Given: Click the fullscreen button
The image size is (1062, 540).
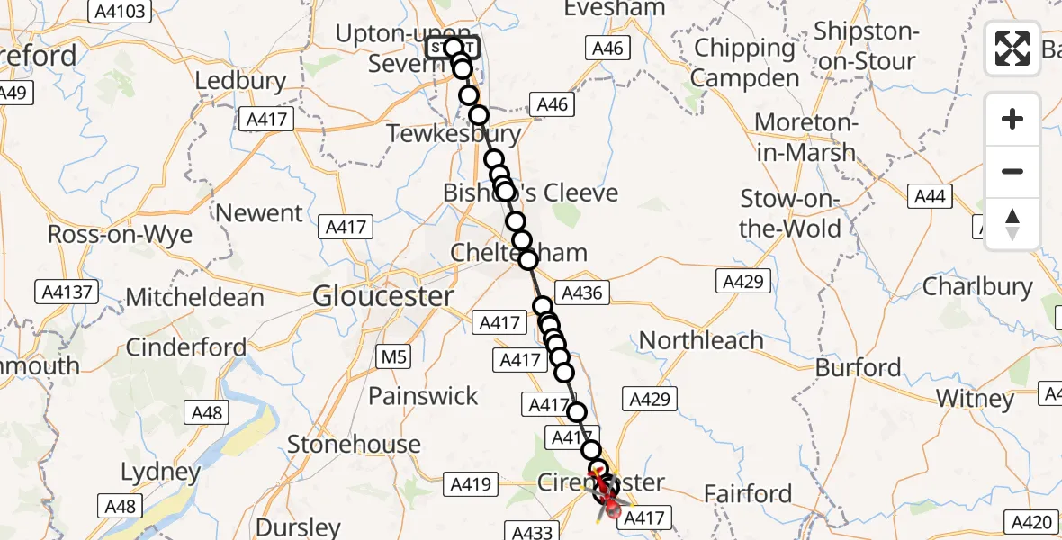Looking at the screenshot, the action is [1012, 49].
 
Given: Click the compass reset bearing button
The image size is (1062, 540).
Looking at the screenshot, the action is [1012, 224].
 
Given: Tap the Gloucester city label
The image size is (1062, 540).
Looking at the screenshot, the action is [383, 296].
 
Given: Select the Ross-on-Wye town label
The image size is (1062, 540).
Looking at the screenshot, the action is [120, 235].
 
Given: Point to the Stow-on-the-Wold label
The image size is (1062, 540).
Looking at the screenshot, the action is [789, 213].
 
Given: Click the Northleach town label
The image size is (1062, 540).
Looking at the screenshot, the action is [701, 340].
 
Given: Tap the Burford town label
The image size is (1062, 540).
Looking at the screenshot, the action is [858, 367].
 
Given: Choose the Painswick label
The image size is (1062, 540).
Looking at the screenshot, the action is [423, 395].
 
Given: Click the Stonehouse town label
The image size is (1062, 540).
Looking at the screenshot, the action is [354, 444].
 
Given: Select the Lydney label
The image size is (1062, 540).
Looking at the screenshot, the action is [161, 472].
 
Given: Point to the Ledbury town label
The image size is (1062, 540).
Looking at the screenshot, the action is [240, 81].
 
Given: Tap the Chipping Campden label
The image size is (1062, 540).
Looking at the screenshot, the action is [745, 63].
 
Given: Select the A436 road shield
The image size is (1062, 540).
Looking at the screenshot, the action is [582, 292].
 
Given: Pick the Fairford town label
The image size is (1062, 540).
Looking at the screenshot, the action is [748, 493].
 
